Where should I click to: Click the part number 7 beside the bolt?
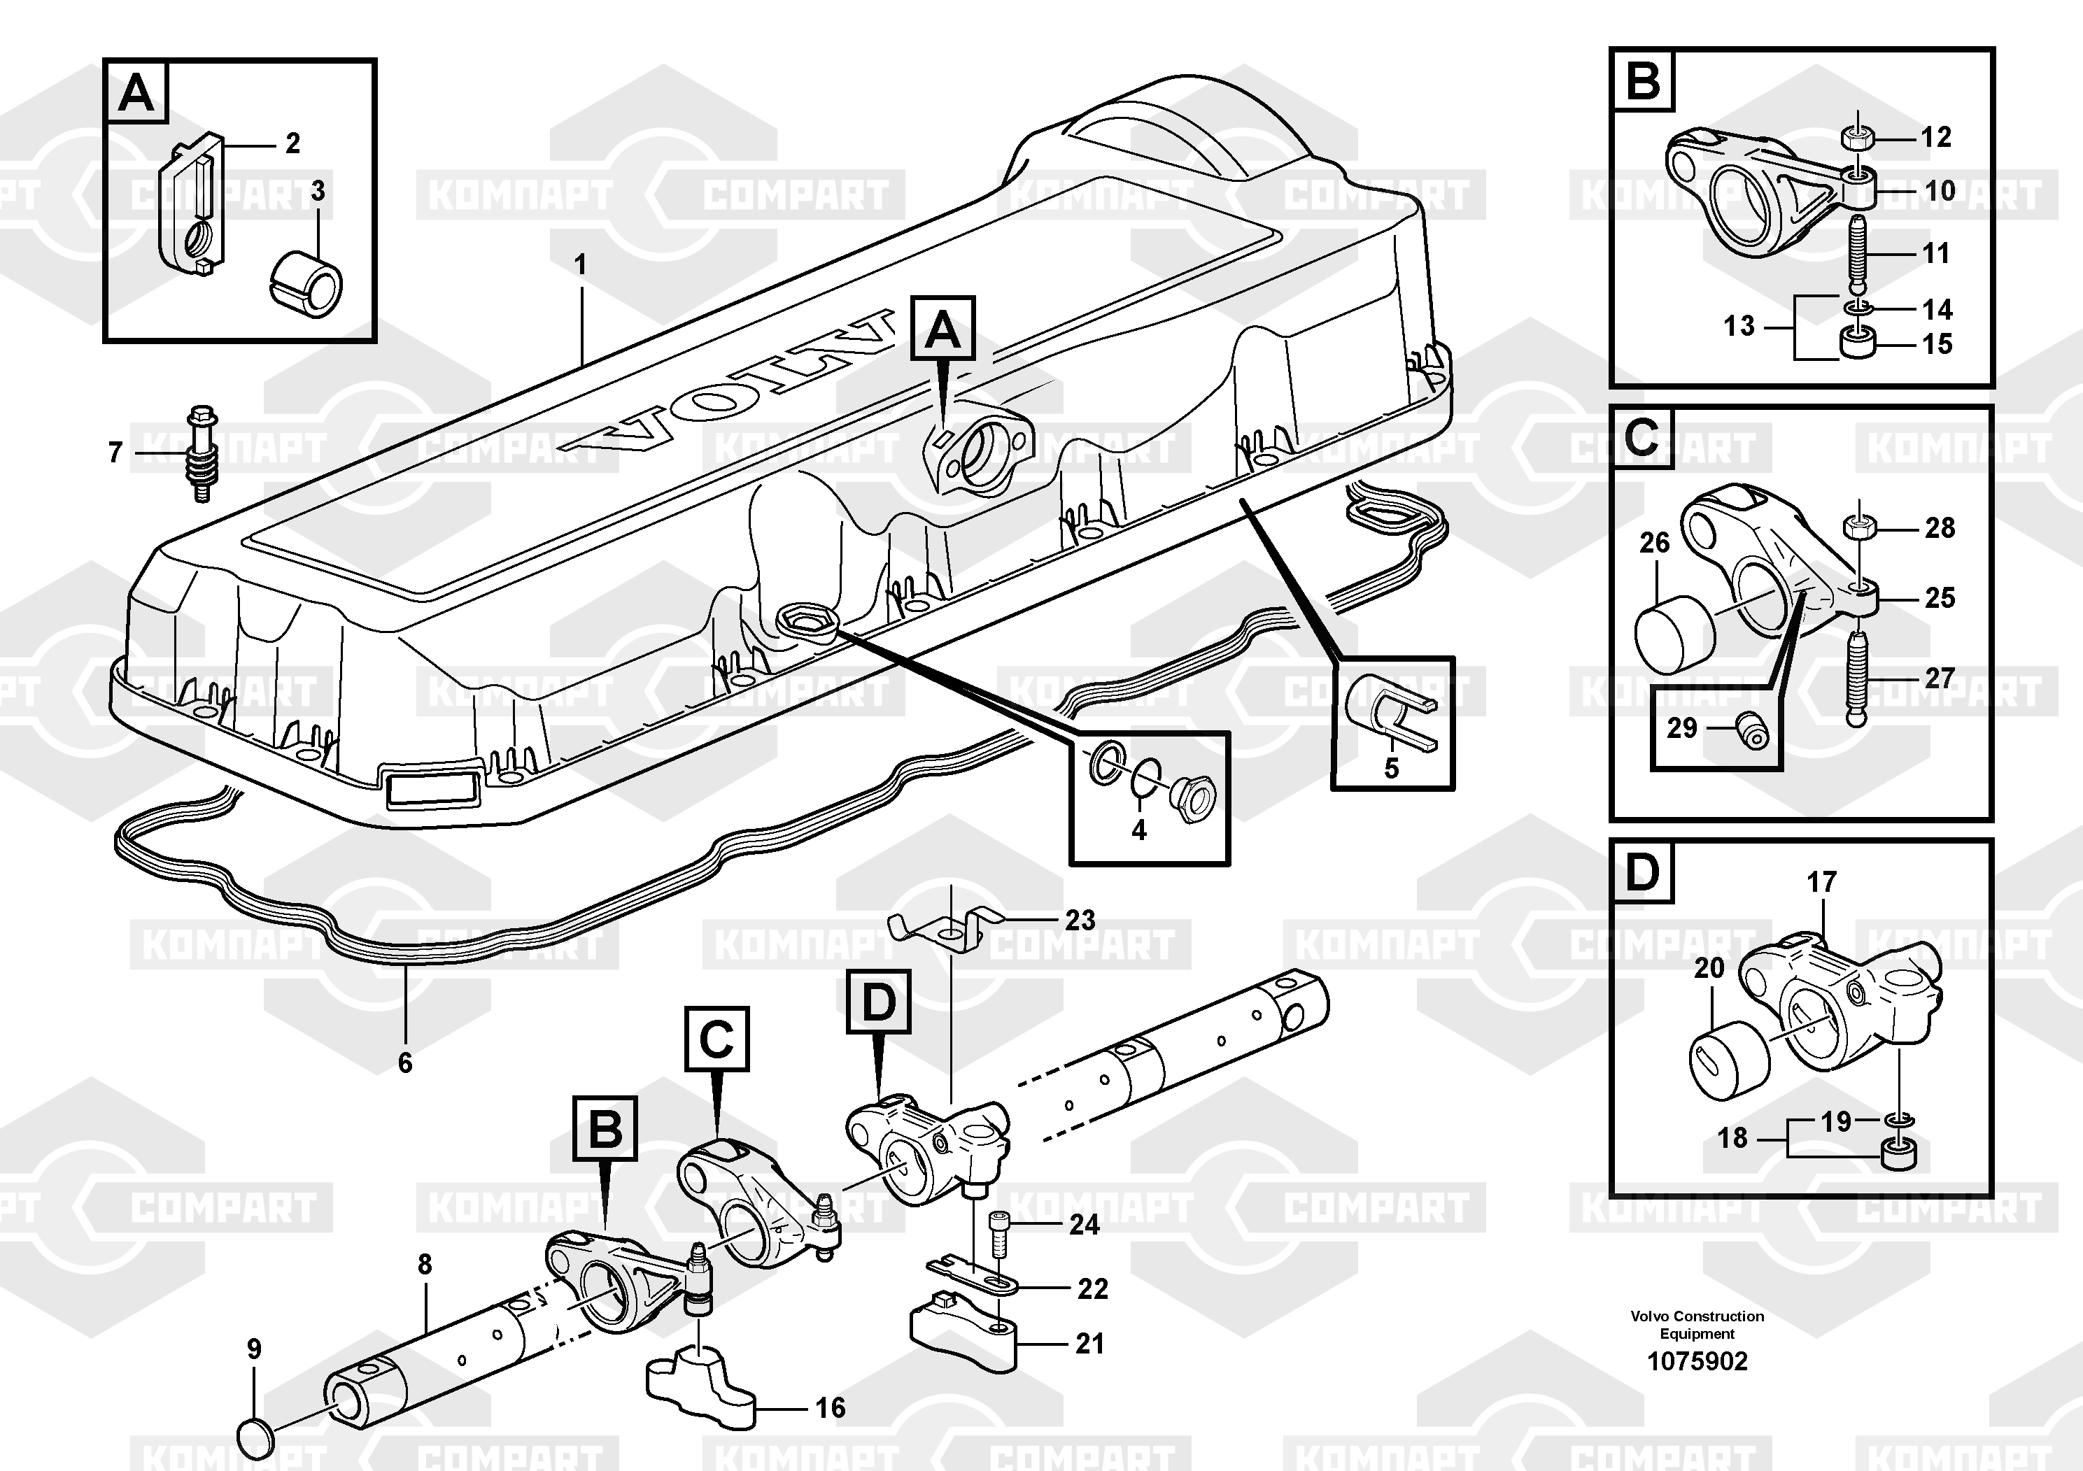115,452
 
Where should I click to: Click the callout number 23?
1080,921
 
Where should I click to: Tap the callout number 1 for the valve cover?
581,266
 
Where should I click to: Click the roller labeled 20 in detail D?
1728,1059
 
